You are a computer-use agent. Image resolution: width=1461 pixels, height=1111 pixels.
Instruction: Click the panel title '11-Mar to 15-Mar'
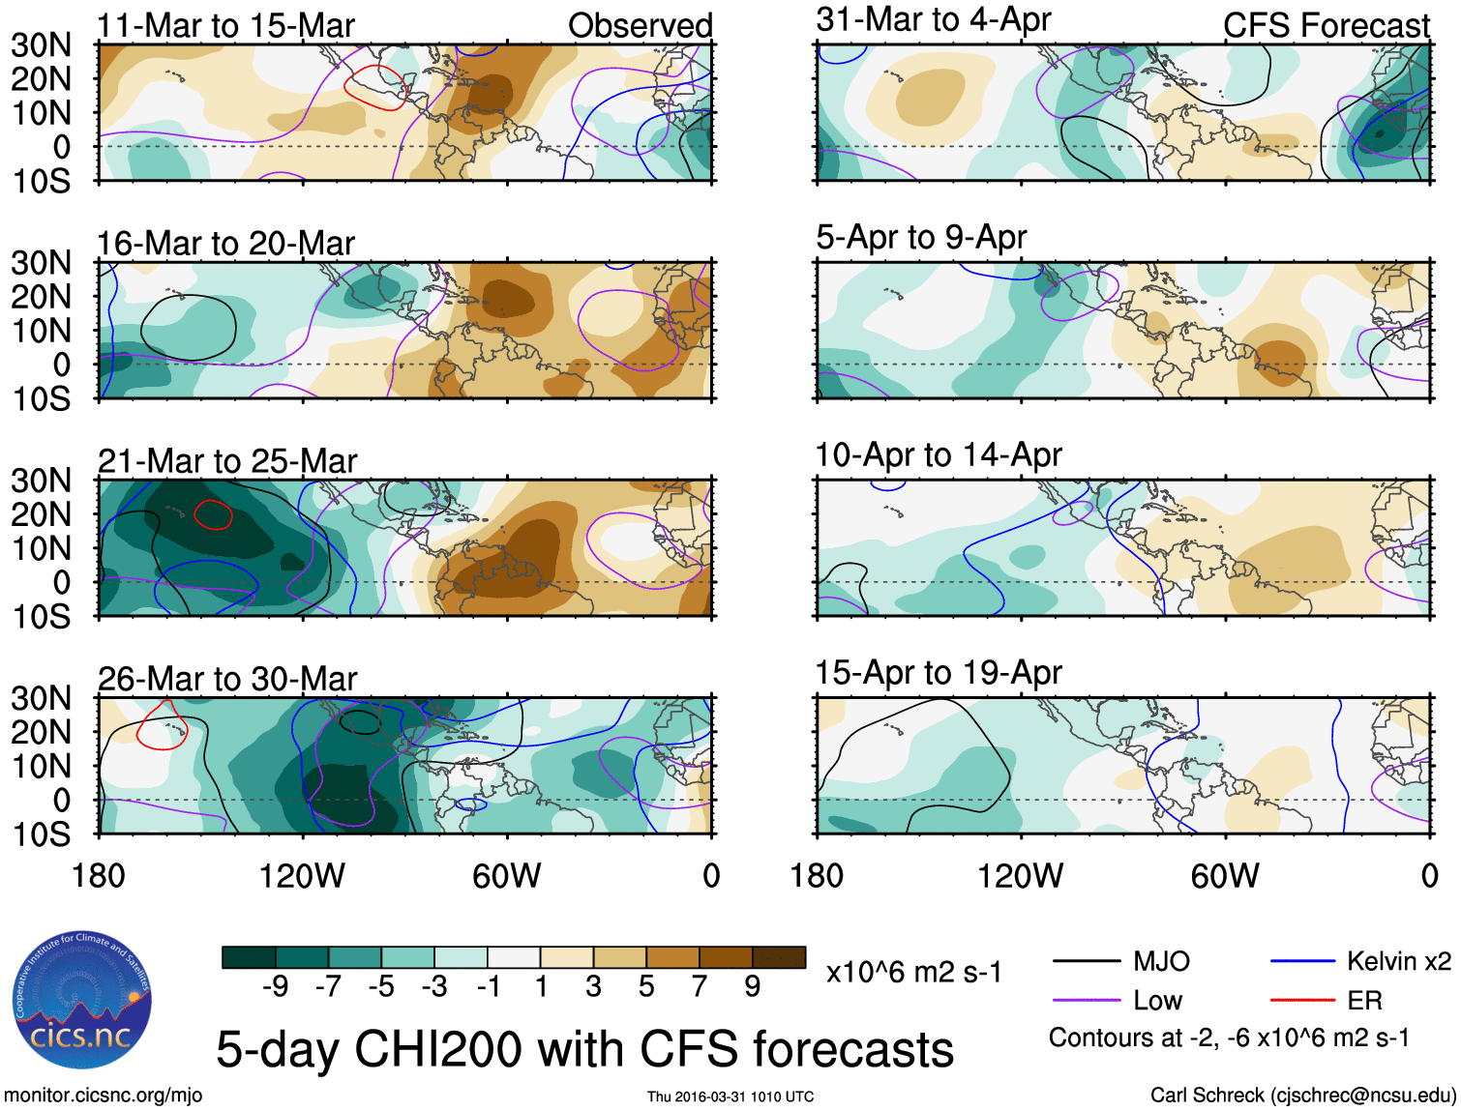coord(225,25)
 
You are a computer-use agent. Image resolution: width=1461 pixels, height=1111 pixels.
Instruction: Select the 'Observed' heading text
coord(640,25)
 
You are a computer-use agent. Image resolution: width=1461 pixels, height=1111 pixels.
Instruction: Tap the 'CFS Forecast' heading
coord(1326,25)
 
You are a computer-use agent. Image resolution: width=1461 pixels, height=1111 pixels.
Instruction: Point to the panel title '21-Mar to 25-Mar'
coord(227,461)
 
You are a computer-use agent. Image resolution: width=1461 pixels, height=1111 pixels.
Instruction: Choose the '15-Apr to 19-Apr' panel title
coord(939,672)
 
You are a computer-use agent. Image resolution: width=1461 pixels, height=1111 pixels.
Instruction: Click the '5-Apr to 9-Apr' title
coord(921,237)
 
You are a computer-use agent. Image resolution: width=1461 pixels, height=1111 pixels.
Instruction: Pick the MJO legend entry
coord(1160,961)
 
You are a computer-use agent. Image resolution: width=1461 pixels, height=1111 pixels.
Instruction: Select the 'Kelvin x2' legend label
coord(1398,961)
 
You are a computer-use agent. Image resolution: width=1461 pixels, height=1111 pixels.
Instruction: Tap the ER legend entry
coord(1364,1000)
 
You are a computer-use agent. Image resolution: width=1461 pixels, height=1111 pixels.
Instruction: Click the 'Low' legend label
coord(1157,1000)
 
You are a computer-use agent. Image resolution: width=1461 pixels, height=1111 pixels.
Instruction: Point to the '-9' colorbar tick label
coord(275,986)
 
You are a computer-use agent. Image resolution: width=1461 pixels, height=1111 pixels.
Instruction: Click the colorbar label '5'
coord(646,986)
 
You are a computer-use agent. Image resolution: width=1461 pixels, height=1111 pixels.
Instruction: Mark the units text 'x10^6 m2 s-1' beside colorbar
coord(913,972)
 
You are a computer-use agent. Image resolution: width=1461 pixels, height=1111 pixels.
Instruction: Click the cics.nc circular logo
coord(82,1001)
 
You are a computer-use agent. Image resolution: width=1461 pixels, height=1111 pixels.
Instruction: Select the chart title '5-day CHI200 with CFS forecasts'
coord(584,1049)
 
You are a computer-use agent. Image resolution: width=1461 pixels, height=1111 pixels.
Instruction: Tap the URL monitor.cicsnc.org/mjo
coord(103,1096)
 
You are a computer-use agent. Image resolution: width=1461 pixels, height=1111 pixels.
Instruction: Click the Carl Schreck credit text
coord(1302,1096)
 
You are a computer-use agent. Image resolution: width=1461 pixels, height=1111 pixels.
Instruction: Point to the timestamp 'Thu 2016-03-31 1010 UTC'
coord(730,1096)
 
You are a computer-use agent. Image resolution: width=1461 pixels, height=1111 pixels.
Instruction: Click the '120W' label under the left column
coord(302,876)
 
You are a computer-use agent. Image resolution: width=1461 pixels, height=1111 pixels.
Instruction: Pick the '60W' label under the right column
coord(1225,876)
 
